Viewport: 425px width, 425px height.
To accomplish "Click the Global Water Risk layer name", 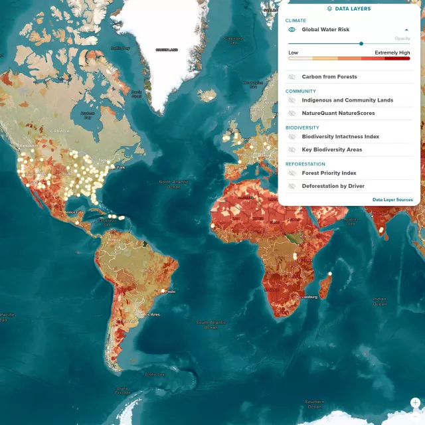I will tap(325, 30).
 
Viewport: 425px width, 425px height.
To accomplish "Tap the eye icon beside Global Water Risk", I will tap(292, 30).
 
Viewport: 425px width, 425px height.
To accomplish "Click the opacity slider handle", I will tap(361, 44).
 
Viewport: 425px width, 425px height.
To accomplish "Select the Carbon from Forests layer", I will tap(329, 77).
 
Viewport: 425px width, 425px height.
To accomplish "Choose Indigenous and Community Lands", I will tap(347, 100).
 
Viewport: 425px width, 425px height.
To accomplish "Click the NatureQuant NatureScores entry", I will tap(338, 114).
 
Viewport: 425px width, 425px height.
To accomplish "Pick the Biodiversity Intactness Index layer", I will tap(340, 137).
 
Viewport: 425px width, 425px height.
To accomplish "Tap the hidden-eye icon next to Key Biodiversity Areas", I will tap(292, 150).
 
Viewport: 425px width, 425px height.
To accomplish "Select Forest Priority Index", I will tap(329, 173).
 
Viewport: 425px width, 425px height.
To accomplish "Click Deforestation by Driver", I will tap(333, 187).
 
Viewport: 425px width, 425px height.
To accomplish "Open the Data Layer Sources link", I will tap(392, 200).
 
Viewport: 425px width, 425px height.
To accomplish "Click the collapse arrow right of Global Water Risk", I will tap(406, 30).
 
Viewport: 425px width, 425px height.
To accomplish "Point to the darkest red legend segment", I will tap(398, 58).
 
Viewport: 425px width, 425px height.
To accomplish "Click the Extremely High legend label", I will tap(392, 52).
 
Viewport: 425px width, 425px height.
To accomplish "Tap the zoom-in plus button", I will tap(415, 402).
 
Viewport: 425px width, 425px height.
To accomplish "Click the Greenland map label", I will tap(166, 50).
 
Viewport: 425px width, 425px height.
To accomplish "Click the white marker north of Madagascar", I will tap(330, 273).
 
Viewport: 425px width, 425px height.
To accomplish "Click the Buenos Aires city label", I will tap(147, 314).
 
